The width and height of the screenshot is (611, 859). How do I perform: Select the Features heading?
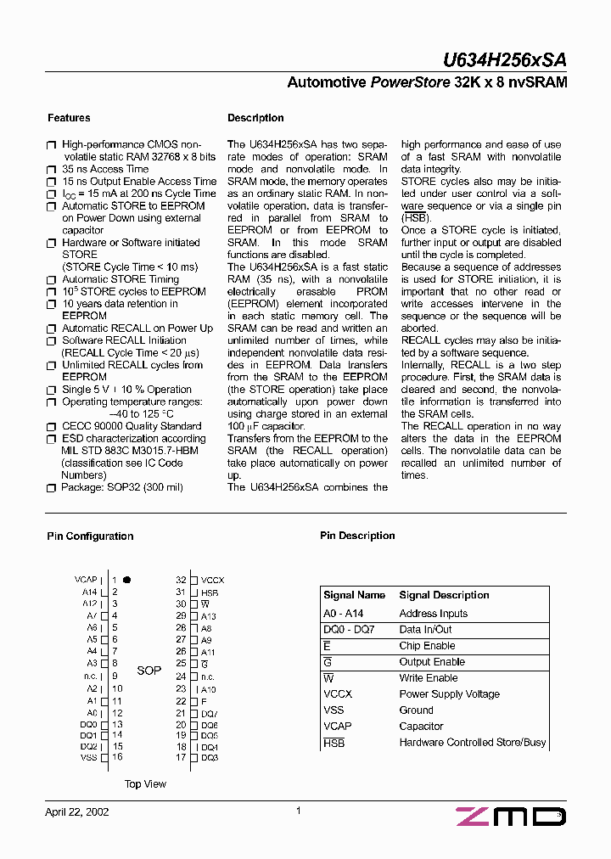[69, 118]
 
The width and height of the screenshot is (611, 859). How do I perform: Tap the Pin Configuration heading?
[89, 536]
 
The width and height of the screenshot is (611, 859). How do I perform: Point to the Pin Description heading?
[357, 536]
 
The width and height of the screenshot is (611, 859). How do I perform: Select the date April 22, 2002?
[76, 811]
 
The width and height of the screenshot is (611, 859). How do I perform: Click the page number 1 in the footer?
[299, 811]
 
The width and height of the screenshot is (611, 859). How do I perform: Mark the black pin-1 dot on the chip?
[126, 579]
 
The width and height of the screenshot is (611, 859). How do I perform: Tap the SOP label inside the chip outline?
[149, 671]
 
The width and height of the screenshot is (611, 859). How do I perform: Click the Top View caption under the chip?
[145, 784]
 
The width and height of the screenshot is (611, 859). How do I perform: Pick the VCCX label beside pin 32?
[212, 580]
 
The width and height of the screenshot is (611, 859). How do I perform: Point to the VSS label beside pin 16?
[88, 757]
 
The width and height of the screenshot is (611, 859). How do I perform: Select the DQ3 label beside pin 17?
[210, 757]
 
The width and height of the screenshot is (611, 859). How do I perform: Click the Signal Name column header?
[354, 596]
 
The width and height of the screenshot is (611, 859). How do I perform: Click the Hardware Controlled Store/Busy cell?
[473, 743]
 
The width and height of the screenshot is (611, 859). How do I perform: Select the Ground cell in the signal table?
[416, 710]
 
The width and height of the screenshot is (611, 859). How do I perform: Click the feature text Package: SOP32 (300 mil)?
[121, 488]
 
